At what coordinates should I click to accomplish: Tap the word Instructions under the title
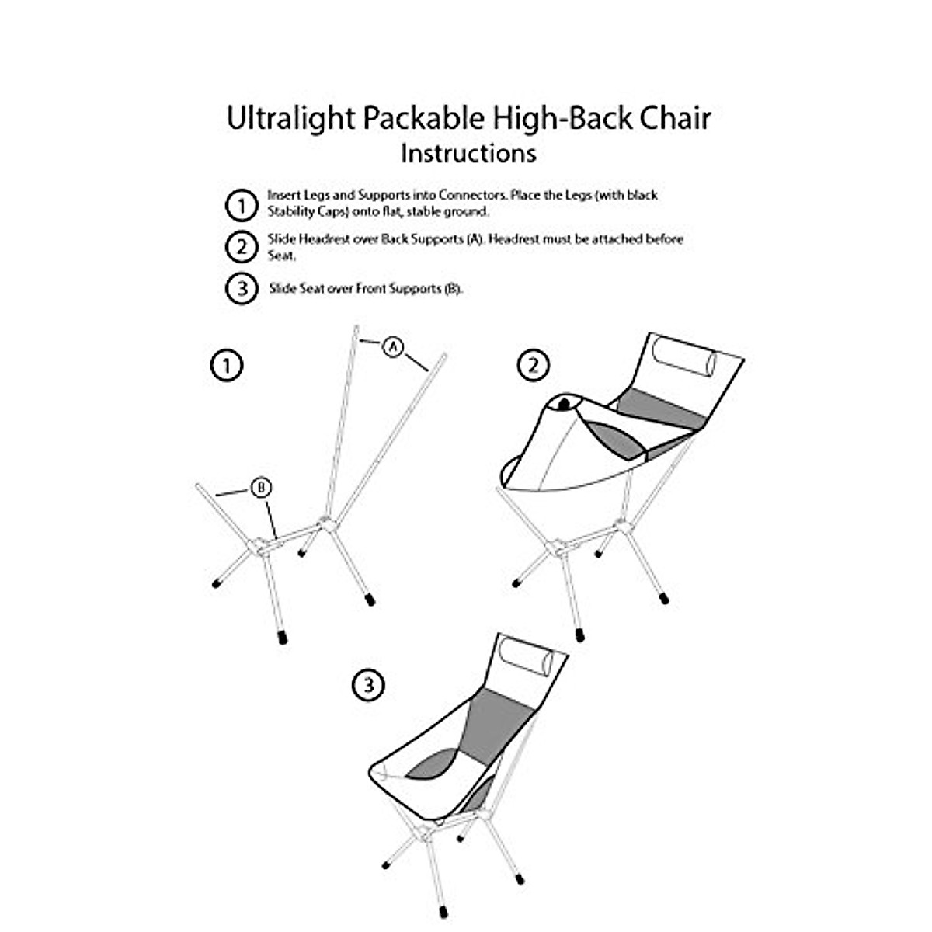(x=468, y=153)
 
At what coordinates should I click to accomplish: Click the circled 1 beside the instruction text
(x=242, y=206)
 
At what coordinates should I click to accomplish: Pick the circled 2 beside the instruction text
(x=242, y=247)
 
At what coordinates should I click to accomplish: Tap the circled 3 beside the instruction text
(x=242, y=289)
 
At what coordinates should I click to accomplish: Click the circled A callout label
(x=394, y=346)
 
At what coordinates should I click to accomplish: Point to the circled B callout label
(x=261, y=488)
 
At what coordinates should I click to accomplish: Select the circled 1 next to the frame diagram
(x=227, y=365)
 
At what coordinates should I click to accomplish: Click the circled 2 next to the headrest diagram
(x=533, y=365)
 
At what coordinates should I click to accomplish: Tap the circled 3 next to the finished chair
(x=369, y=685)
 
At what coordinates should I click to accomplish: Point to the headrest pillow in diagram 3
(x=527, y=659)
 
